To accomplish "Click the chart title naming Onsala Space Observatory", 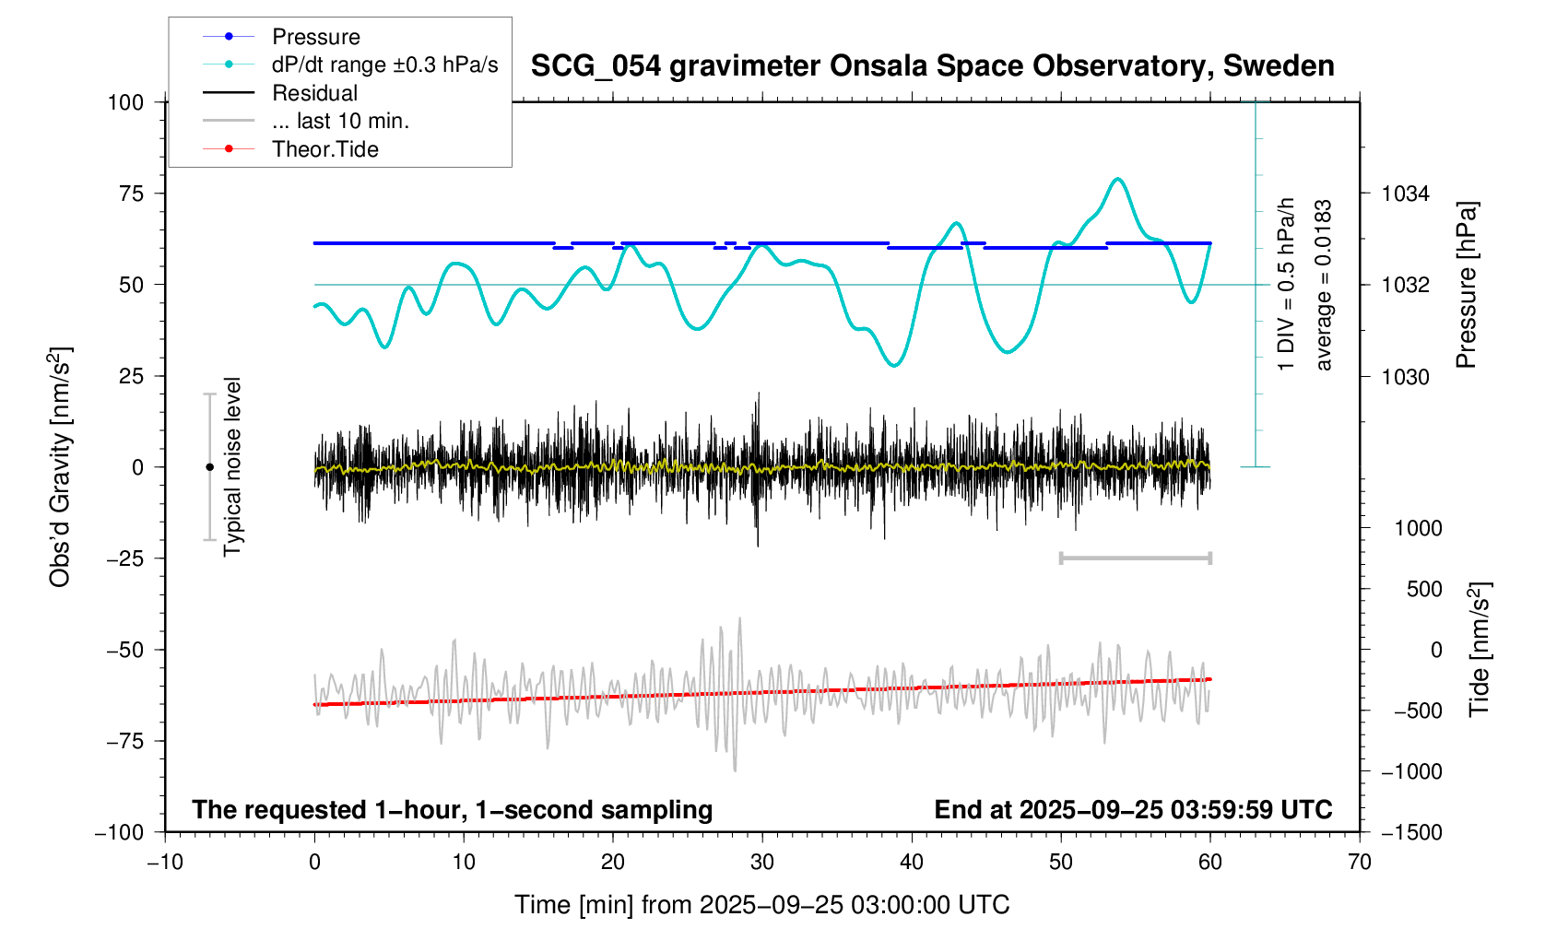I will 932,66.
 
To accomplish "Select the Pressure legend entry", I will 315,37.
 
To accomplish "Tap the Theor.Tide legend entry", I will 324,149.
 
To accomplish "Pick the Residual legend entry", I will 314,93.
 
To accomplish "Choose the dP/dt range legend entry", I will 384,65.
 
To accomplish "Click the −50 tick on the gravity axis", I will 125,650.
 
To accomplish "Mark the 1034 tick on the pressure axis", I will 1405,194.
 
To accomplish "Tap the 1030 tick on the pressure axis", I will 1405,377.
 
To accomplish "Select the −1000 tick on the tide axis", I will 1410,771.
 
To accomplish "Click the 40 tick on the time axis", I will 912,863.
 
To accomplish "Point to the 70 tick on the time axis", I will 1360,863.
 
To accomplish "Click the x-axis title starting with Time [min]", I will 761,905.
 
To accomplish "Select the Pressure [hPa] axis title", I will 1466,285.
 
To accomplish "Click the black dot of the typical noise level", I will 209,467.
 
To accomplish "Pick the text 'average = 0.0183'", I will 1324,285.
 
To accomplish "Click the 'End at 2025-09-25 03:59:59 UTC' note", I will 1133,810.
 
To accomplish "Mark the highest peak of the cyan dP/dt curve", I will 1118,179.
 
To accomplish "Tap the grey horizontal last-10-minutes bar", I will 1136,558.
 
